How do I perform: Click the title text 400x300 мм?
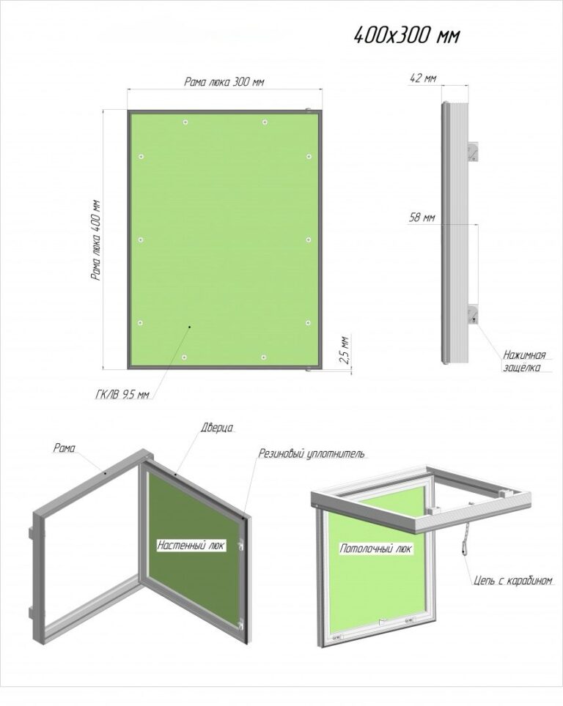click(x=407, y=35)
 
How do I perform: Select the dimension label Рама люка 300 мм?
click(x=224, y=82)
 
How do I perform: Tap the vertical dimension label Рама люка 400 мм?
click(x=95, y=240)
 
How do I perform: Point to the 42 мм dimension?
click(x=422, y=78)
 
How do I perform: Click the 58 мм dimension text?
click(x=422, y=218)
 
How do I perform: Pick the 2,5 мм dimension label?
click(x=345, y=349)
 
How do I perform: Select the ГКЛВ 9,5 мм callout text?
click(x=122, y=395)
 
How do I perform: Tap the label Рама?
click(x=64, y=447)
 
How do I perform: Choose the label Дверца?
click(x=217, y=427)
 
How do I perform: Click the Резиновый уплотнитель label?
click(x=311, y=453)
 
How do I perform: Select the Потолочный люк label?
click(x=375, y=549)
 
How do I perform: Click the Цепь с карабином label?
click(x=513, y=580)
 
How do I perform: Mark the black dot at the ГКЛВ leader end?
click(x=190, y=327)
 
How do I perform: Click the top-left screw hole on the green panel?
click(x=185, y=122)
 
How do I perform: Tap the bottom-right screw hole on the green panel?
click(x=264, y=357)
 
